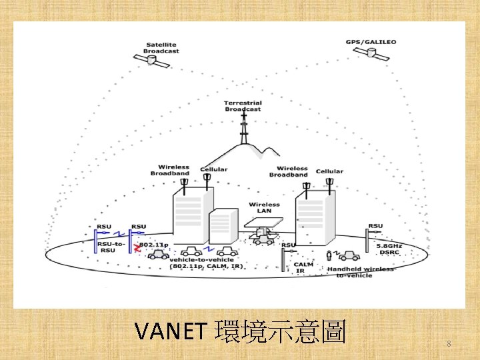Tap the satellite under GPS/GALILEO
(373, 55)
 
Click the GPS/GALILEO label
(371, 42)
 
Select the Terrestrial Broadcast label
(243, 106)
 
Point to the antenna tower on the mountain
(244, 128)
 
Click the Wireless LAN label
(264, 207)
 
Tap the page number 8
(449, 344)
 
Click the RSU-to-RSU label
(111, 247)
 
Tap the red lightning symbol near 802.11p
(137, 249)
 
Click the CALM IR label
(303, 267)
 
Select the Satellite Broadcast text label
(162, 48)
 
